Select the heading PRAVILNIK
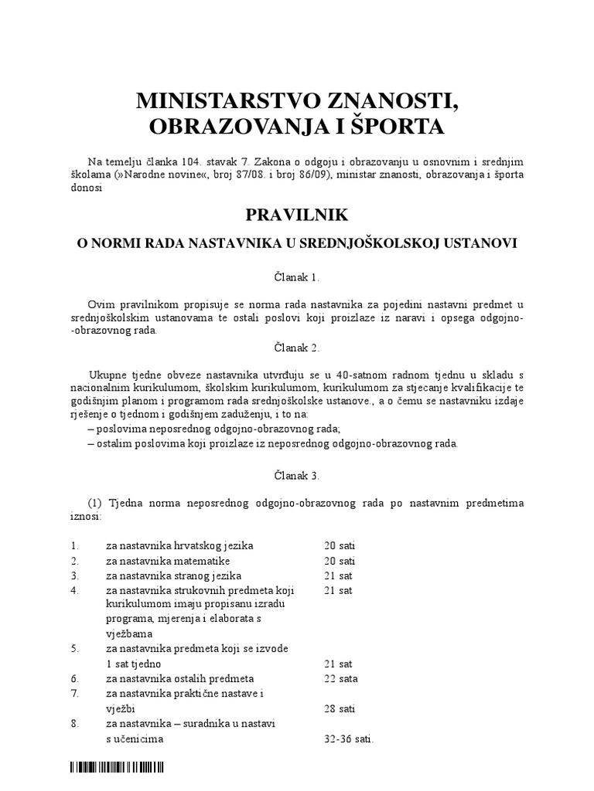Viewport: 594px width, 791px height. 296,214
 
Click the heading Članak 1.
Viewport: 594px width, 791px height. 296,277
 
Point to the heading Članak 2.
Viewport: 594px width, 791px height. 296,348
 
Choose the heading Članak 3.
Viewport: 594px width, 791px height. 296,475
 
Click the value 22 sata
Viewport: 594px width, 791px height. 341,678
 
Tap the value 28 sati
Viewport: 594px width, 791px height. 340,708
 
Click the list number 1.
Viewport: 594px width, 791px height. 73,545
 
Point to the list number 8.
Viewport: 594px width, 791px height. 73,723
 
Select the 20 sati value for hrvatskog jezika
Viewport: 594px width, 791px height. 340,545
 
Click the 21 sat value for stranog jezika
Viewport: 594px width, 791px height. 338,575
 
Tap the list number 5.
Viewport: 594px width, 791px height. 73,649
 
